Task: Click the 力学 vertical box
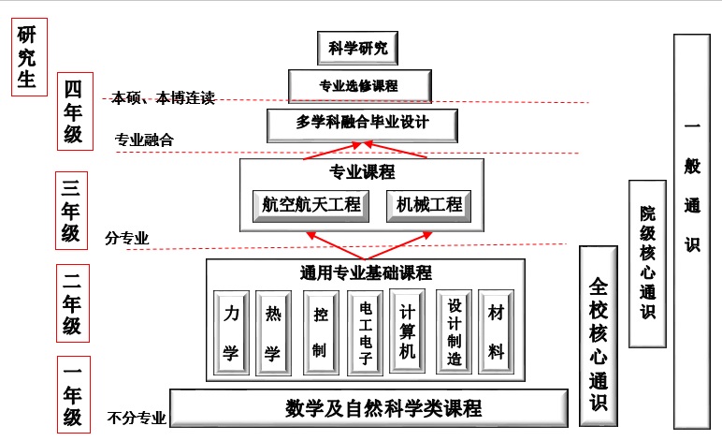coord(230,332)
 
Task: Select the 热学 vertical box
coord(273,332)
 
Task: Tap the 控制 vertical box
coord(320,332)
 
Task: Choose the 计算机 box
coord(407,332)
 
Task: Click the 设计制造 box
coord(455,332)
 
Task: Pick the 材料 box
coord(496,332)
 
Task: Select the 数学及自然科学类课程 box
coord(369,408)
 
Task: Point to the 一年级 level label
coord(73,393)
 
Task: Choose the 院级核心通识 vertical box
coord(647,264)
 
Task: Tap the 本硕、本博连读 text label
coord(164,96)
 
